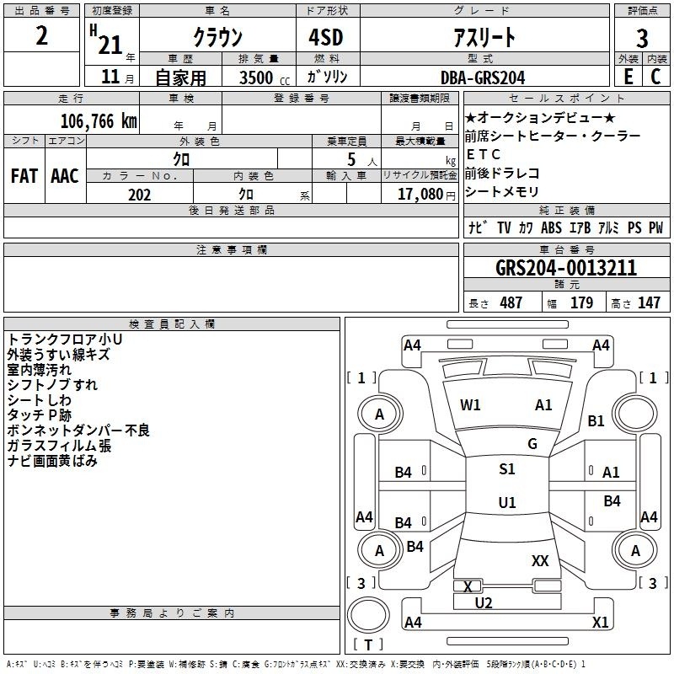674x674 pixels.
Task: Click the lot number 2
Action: tap(41, 35)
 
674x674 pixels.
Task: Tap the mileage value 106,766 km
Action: tap(99, 121)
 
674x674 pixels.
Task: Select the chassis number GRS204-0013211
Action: tap(566, 268)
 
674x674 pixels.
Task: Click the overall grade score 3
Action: tap(642, 38)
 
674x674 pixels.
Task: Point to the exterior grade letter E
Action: tap(629, 77)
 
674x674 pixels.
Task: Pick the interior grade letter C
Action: tap(655, 77)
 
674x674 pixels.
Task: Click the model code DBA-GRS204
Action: tap(483, 78)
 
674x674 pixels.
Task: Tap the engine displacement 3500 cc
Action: tap(265, 78)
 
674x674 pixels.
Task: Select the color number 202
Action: tap(139, 195)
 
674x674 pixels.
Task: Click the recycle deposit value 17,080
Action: tap(420, 194)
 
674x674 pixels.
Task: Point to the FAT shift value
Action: tap(24, 176)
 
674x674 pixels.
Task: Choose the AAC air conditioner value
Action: tap(65, 176)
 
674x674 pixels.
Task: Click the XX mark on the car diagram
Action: tap(540, 561)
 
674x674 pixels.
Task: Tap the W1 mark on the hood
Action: tap(470, 405)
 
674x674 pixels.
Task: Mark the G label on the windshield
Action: tap(532, 444)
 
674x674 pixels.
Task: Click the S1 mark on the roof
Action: tap(507, 469)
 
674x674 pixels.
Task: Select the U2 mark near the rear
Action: tap(484, 603)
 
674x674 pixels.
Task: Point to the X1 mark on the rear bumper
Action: tap(601, 622)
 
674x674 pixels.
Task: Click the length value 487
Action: tap(511, 303)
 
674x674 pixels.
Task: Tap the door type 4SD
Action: tap(326, 37)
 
